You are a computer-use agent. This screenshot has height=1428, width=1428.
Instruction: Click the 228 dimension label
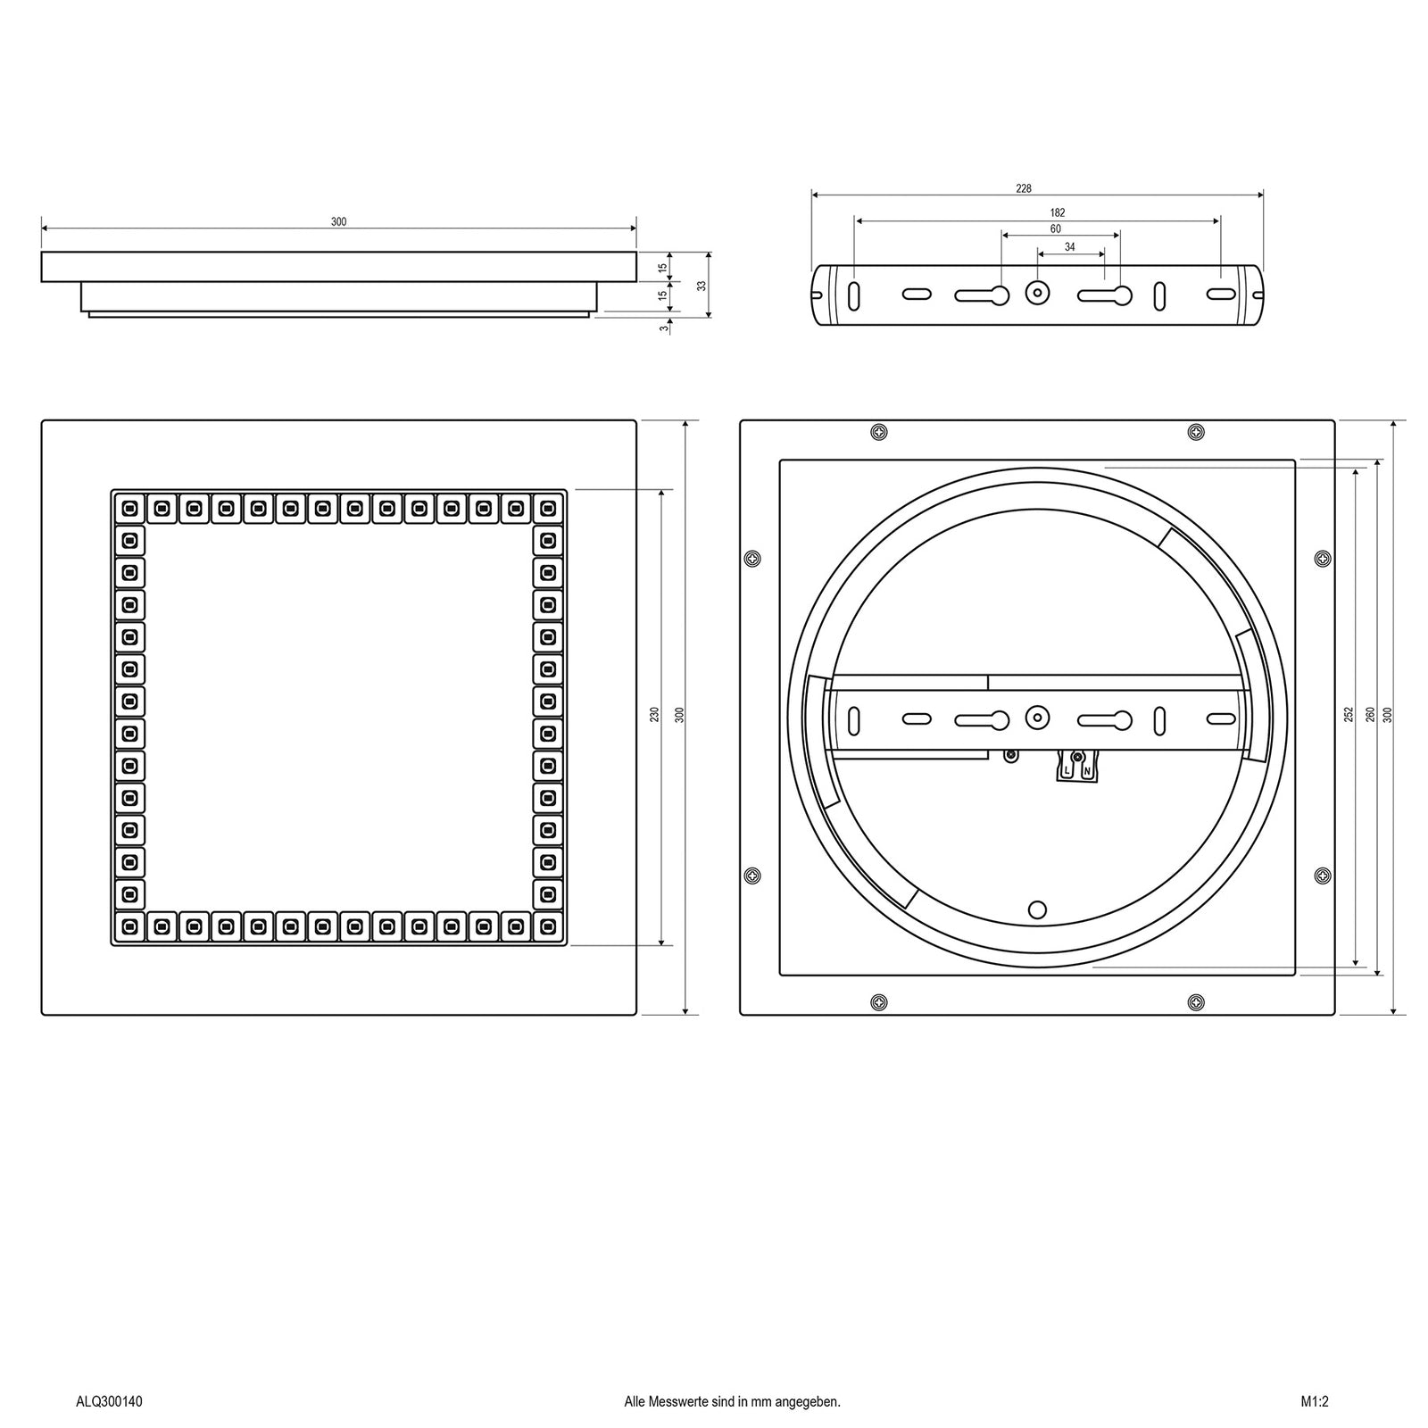coord(1024,188)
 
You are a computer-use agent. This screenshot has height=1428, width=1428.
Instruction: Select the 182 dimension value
coord(1058,213)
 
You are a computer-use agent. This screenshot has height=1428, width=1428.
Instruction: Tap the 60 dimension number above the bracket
coord(1056,229)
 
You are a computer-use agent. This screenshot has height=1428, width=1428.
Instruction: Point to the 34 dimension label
coord(1070,247)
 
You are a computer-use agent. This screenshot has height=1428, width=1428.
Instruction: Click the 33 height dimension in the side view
coord(702,286)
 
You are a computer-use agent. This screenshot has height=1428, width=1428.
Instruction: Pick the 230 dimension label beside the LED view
coord(654,715)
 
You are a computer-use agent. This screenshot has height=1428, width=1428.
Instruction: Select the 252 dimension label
coord(1348,715)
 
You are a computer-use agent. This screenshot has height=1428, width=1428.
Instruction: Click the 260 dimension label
coord(1370,715)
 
